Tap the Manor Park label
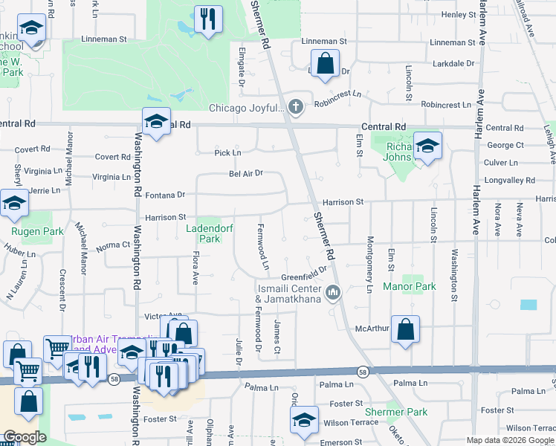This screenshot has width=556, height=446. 409,286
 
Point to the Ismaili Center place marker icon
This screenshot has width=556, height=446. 334,291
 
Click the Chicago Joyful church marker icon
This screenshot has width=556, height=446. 296,107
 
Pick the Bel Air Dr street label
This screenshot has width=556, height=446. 246,174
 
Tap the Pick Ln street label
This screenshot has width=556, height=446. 227,153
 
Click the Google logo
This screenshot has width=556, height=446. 25,438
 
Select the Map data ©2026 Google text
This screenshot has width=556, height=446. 510,440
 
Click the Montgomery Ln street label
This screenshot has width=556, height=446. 369,264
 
